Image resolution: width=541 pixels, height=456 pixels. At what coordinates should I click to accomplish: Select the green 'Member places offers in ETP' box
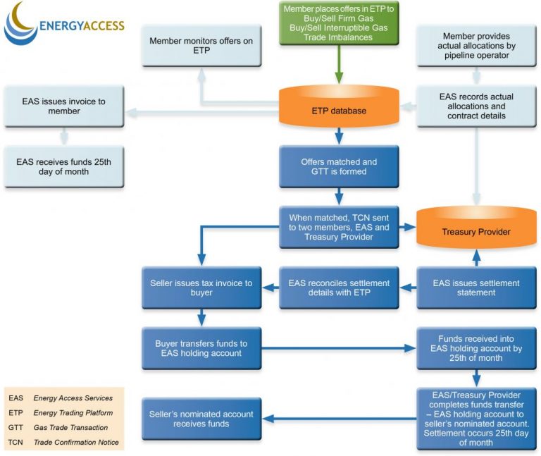point(339,23)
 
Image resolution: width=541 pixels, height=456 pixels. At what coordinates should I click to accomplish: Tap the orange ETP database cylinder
point(339,109)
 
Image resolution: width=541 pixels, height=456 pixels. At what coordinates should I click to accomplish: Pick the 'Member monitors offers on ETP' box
point(201,46)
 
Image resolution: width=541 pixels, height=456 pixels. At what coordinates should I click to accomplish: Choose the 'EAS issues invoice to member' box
point(63,106)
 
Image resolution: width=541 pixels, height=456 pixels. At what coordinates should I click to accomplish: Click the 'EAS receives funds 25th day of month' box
point(63,166)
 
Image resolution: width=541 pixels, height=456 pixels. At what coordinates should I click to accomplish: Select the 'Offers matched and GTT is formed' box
point(339,166)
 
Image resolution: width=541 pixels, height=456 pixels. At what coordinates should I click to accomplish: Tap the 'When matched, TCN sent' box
point(339,227)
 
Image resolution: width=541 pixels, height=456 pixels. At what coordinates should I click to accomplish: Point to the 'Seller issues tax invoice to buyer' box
point(201,288)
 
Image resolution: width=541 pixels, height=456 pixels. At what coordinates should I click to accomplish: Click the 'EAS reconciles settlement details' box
point(339,288)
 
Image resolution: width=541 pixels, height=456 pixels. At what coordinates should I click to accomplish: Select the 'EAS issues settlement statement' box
point(476,288)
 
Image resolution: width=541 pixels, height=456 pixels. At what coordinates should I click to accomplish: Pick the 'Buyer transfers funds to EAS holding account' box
point(201,348)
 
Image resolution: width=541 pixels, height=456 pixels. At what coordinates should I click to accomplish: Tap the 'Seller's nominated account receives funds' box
point(201,419)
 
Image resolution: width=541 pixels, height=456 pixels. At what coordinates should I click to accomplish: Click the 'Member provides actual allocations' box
point(476,46)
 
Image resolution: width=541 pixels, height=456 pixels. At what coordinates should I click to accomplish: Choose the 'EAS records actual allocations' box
point(476,106)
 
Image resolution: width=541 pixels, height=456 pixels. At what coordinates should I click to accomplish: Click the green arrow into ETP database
point(339,65)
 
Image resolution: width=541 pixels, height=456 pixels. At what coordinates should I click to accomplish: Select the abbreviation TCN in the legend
point(15,443)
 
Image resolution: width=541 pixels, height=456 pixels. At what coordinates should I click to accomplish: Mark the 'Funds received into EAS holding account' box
point(476,348)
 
